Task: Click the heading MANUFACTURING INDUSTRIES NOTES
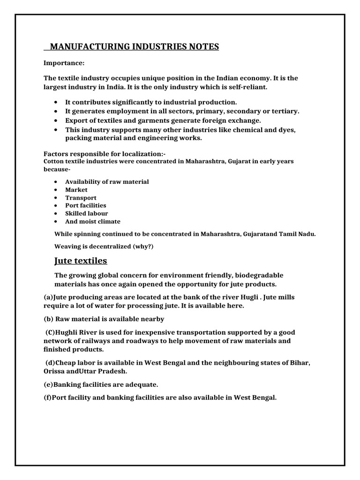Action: pyautogui.click(x=134, y=46)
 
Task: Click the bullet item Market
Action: pyautogui.click(x=76, y=190)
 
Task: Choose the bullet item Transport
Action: pyautogui.click(x=81, y=198)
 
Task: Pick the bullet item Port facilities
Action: pyautogui.click(x=86, y=205)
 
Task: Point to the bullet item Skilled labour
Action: pyautogui.click(x=87, y=213)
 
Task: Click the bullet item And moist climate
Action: pyautogui.click(x=93, y=221)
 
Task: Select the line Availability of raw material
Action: pyautogui.click(x=107, y=182)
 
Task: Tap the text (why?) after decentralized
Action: pyautogui.click(x=141, y=246)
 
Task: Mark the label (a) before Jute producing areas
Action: pyautogui.click(x=48, y=297)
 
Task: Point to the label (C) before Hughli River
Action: pyautogui.click(x=51, y=332)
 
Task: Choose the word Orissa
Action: pyautogui.click(x=55, y=371)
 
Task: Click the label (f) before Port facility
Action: pyautogui.click(x=48, y=397)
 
